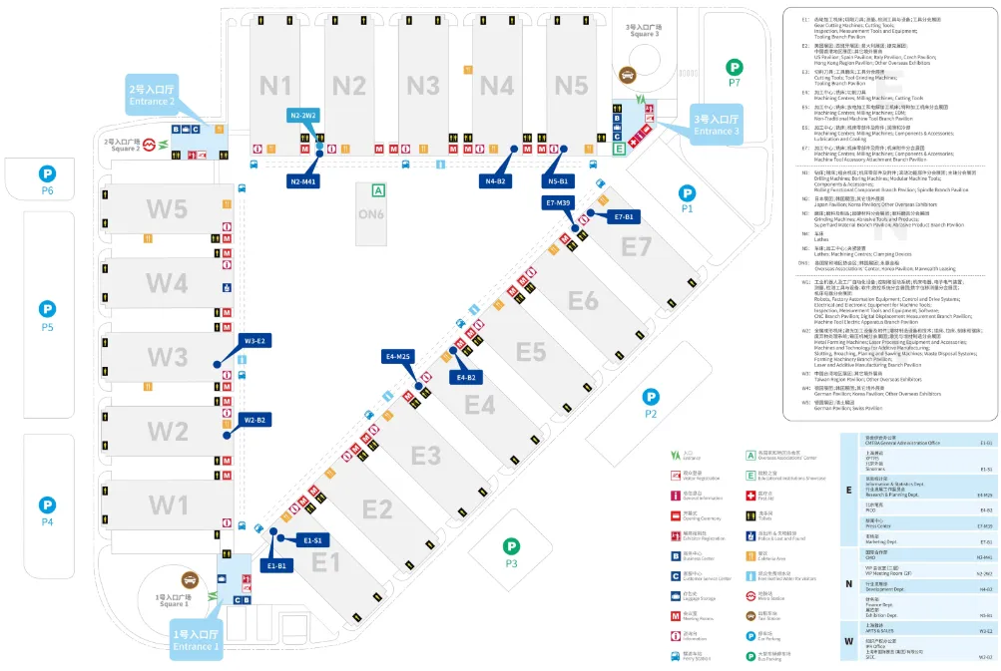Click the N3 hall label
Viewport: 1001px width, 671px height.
[422, 85]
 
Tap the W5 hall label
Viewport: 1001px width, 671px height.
[168, 209]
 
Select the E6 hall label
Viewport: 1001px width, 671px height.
[583, 300]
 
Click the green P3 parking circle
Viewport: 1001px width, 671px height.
[511, 546]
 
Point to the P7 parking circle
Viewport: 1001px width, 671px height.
[735, 67]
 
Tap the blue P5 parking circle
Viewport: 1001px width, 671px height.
[47, 309]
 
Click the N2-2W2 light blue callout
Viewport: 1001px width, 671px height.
[303, 116]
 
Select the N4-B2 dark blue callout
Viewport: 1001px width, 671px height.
[496, 181]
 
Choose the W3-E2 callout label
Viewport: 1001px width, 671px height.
[254, 341]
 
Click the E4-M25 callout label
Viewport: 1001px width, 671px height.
[398, 356]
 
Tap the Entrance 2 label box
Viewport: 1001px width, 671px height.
[151, 95]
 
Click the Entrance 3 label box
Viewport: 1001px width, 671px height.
[716, 126]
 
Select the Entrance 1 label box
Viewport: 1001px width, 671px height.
[195, 640]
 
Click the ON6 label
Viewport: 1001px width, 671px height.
[371, 213]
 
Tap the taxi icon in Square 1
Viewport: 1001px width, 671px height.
[190, 580]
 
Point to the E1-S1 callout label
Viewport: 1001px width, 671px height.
[312, 539]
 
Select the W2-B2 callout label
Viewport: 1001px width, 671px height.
[255, 420]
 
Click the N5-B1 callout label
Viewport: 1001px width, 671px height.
[558, 181]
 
